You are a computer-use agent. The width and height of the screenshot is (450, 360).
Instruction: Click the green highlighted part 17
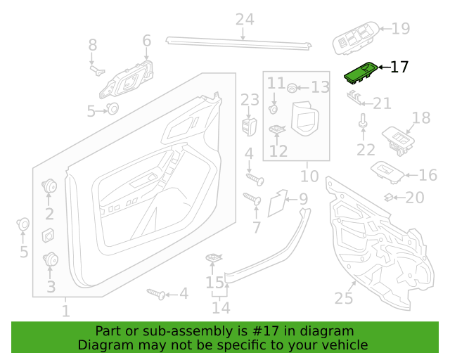361,74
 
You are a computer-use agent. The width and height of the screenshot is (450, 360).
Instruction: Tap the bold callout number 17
399,67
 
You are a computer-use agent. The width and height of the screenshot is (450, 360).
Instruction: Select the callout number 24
245,20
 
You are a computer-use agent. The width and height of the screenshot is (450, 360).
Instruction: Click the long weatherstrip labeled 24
239,43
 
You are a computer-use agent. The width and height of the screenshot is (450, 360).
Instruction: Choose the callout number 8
92,45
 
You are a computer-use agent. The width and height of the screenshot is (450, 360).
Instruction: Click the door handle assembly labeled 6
127,79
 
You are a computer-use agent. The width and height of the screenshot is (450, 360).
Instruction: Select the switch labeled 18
399,141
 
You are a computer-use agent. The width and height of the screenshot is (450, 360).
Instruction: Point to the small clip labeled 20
389,197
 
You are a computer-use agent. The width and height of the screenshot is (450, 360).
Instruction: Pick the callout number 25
344,298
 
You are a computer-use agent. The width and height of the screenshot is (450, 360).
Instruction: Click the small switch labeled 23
249,127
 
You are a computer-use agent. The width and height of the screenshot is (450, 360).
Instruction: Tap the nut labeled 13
292,88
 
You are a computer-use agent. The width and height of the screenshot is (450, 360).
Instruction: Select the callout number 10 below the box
309,176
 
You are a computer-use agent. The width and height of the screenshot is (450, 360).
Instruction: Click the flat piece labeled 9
277,202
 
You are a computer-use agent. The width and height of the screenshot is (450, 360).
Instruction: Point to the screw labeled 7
252,198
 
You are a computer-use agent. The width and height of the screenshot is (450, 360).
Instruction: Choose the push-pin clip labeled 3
51,259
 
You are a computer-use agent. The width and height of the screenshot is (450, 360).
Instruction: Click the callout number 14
221,308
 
